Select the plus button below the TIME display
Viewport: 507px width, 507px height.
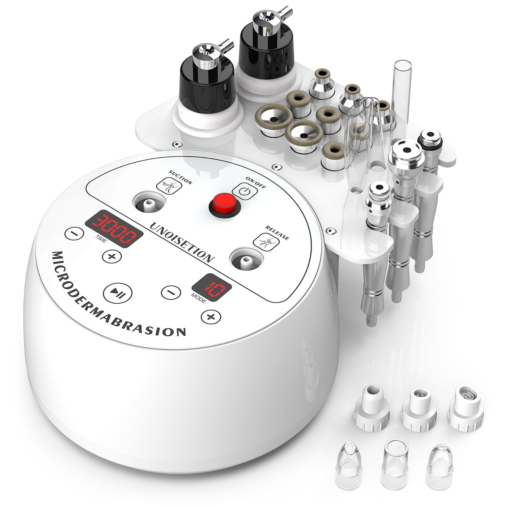point(112,256)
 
